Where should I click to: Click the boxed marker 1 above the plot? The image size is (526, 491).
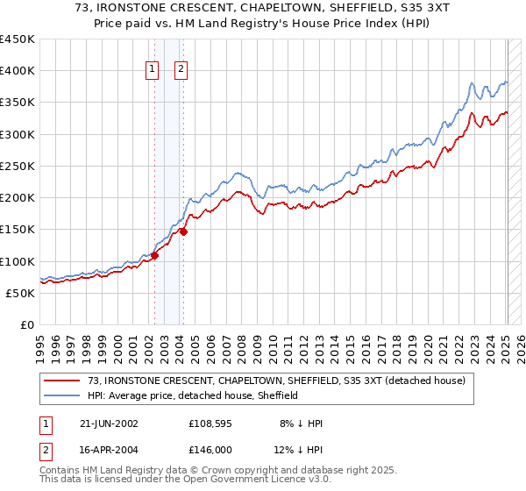pos(153,70)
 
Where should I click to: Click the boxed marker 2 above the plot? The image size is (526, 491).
pos(181,70)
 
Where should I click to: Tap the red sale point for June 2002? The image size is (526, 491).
pos(154,256)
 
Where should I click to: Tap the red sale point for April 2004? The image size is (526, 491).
pos(183,232)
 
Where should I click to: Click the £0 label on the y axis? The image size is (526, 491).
pos(25,324)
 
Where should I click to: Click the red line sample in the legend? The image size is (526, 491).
pos(62,381)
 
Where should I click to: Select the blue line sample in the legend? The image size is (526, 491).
pos(62,395)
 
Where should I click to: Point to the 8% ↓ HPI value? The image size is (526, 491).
pos(301,423)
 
